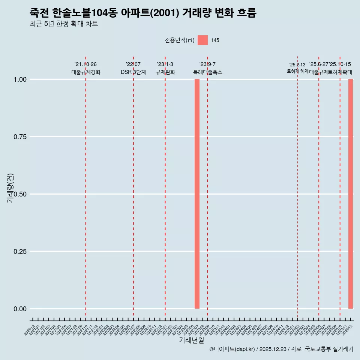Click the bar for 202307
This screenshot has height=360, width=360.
[x=197, y=194]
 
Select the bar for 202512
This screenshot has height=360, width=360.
[x=351, y=194]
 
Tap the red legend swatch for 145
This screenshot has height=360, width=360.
[x=202, y=40]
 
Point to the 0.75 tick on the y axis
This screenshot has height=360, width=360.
[x=20, y=137]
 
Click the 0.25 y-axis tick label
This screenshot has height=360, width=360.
[x=20, y=252]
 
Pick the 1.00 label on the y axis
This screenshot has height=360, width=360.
[x=20, y=79]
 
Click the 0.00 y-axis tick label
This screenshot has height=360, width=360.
[x=20, y=309]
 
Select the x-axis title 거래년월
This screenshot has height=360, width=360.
[x=191, y=340]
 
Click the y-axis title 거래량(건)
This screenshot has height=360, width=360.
[x=10, y=187]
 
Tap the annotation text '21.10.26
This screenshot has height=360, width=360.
[x=85, y=64]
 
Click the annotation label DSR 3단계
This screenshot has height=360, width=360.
[x=133, y=72]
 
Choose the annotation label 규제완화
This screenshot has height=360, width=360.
[x=165, y=72]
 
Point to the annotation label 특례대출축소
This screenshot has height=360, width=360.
[x=207, y=72]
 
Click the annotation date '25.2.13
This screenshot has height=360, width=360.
[x=297, y=65]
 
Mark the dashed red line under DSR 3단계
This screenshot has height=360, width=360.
[x=133, y=187]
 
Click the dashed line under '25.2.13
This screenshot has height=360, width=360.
[x=297, y=187]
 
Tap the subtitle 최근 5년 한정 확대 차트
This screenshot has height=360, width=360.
[x=64, y=24]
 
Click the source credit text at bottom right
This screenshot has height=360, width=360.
[x=281, y=349]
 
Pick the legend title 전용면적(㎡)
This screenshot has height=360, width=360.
[x=179, y=40]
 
